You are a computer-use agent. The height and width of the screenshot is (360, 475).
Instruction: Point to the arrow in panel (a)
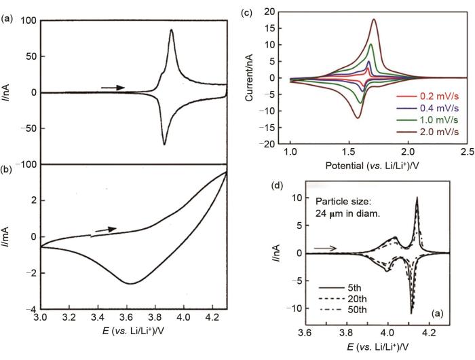pyautogui.click(x=112, y=88)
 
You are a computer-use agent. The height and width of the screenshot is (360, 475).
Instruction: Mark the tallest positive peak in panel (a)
pyautogui.click(x=171, y=30)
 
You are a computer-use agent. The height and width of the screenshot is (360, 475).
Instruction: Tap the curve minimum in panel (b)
pyautogui.click(x=128, y=283)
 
